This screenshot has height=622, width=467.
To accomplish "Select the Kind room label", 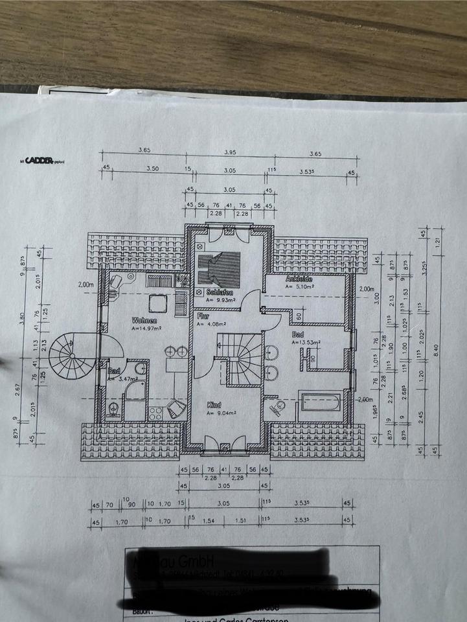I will [x=214, y=405].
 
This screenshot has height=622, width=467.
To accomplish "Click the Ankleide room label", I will [x=299, y=279].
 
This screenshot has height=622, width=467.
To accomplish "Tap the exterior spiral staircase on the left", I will [x=73, y=356].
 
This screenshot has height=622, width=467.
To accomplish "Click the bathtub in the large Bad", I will [x=319, y=403].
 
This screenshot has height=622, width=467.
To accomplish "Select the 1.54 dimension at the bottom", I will [x=208, y=520].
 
